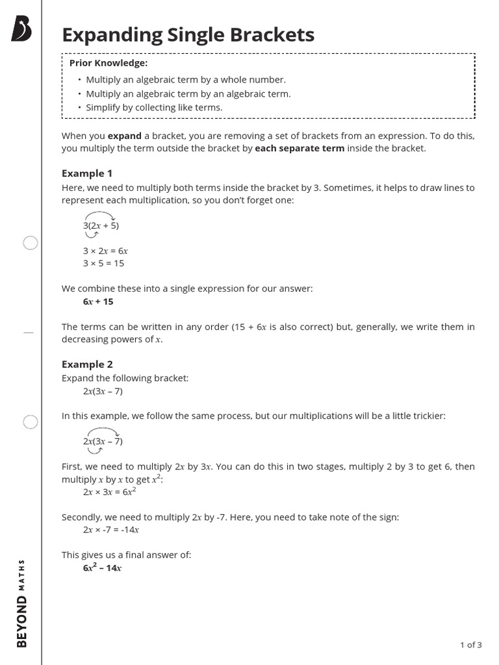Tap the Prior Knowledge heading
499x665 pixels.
109,63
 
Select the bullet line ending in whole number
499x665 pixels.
186,79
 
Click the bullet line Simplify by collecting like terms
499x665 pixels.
154,107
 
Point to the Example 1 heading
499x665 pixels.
87,173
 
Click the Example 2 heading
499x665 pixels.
87,364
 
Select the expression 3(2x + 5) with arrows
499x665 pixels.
101,225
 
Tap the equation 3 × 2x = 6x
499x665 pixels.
105,250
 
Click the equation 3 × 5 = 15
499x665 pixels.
103,263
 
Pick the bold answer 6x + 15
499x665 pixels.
98,301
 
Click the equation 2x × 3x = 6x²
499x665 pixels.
109,492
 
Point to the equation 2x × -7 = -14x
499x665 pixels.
111,529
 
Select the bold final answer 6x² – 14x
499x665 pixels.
102,568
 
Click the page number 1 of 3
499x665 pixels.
470,645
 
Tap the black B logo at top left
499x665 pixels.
21,29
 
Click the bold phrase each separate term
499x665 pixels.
300,148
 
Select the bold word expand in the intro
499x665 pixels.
124,136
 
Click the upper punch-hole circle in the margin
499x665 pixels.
31,244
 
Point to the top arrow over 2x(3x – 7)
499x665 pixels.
102,431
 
